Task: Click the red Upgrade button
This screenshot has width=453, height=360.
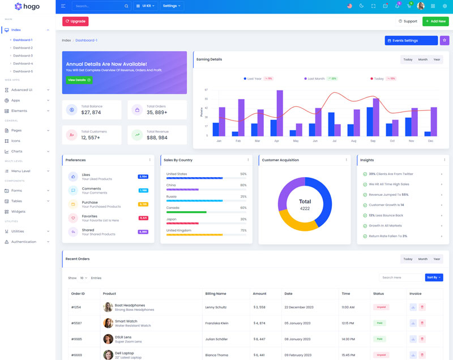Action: tap(75, 22)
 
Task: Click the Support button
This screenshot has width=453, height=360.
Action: tap(408, 22)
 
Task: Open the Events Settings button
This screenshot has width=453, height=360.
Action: tap(411, 41)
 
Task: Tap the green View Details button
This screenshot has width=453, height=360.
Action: tap(79, 80)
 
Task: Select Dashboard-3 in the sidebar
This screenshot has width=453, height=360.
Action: tap(23, 55)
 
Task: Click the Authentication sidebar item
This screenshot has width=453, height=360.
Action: tap(23, 242)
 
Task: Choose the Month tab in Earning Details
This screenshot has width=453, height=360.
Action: tap(423, 59)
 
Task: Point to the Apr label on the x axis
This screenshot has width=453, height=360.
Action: tap(276, 140)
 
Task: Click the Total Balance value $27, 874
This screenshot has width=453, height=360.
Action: tap(91, 113)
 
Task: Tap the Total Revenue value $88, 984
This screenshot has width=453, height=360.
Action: tap(157, 138)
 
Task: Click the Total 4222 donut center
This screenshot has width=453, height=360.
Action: tap(305, 204)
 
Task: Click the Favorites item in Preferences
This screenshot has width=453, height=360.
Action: tap(89, 216)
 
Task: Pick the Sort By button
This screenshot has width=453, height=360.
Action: tap(434, 278)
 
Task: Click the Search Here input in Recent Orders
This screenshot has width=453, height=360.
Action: tap(401, 278)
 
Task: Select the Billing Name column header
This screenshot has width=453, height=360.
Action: tap(216, 294)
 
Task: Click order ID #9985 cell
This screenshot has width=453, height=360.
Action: tap(77, 339)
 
